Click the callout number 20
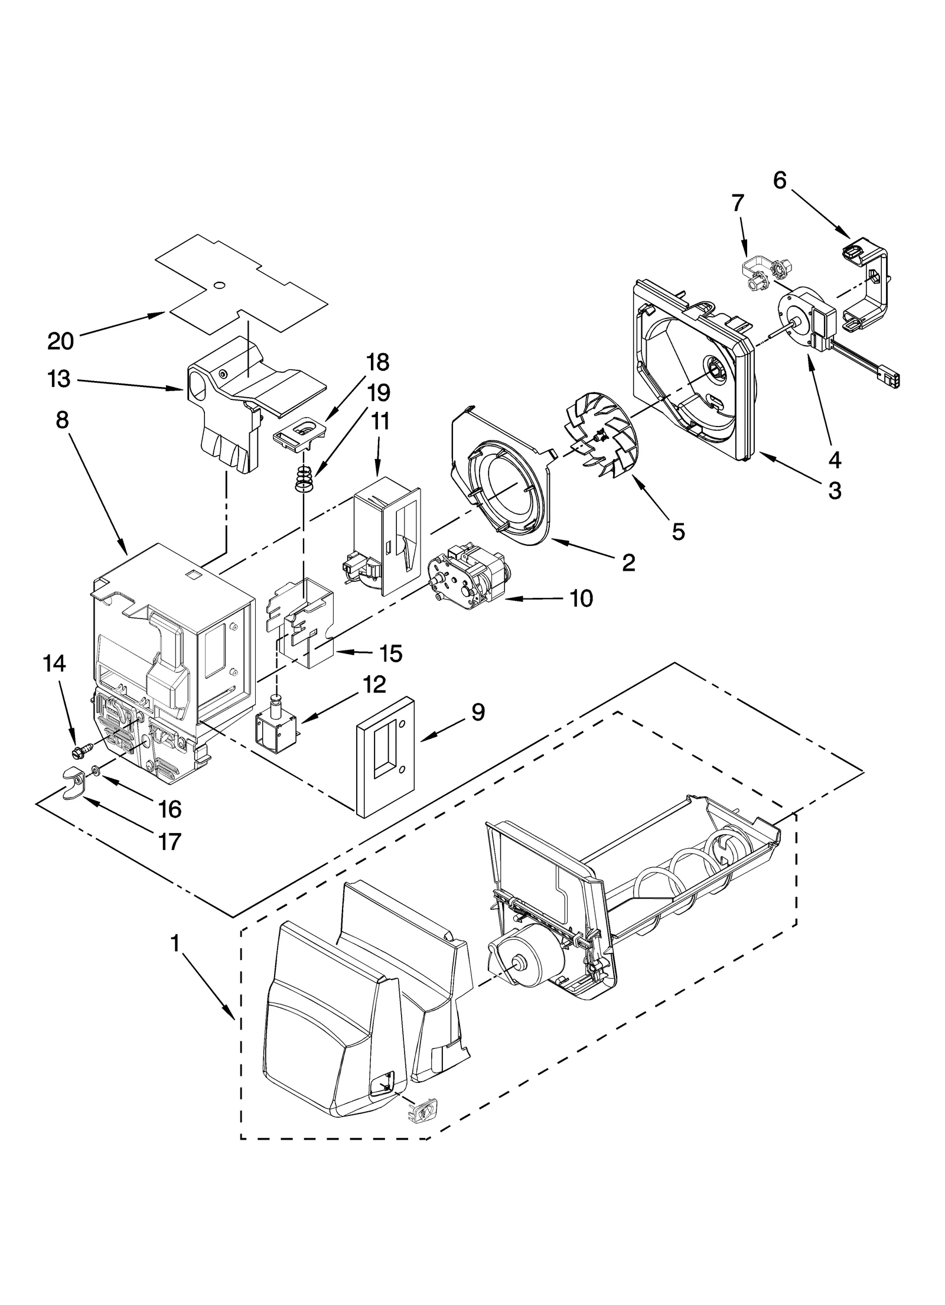click(x=60, y=341)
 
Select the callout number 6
click(x=780, y=181)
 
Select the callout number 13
click(x=59, y=379)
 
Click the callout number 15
click(x=391, y=653)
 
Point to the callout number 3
click(x=835, y=490)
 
